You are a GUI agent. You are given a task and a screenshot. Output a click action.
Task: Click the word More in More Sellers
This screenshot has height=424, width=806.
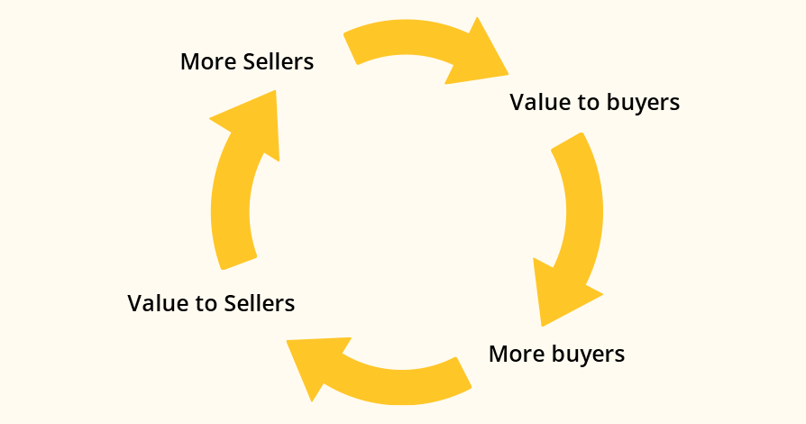tap(204, 62)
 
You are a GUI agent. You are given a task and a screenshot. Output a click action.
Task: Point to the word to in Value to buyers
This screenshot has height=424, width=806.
tap(589, 102)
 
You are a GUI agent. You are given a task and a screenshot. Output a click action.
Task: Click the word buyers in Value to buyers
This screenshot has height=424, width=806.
tap(643, 103)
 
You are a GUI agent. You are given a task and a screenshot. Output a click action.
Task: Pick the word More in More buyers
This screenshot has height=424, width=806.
tap(514, 353)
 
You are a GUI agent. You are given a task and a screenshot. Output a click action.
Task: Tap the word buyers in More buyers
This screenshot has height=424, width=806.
tap(585, 354)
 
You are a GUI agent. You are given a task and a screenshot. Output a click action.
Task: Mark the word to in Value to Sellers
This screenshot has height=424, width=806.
tap(206, 303)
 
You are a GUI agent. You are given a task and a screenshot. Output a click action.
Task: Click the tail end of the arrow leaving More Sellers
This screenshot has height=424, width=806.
tap(353, 46)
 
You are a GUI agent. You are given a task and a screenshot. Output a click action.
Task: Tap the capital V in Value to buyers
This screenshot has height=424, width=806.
tap(517, 102)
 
